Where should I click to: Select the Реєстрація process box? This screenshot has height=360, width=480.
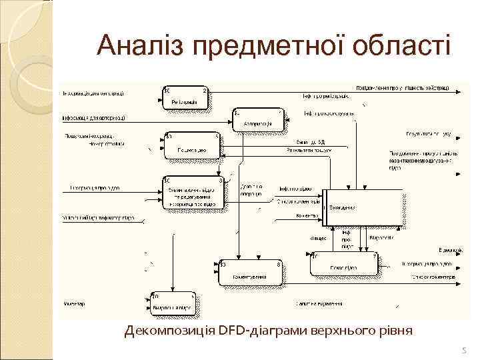tap(185, 99)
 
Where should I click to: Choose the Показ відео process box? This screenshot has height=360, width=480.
tap(345, 264)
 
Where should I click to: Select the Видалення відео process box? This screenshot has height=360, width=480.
tap(172, 304)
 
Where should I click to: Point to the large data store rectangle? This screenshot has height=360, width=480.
tap(363, 207)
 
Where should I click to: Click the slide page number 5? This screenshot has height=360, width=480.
tap(465, 350)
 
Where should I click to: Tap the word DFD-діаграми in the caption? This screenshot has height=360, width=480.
tap(259, 331)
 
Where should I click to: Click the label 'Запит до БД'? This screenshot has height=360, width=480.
tap(311, 142)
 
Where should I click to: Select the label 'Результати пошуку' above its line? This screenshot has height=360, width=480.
tap(309, 150)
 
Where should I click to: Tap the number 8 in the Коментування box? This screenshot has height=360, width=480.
tap(278, 264)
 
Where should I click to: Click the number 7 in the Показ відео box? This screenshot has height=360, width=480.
tap(375, 255)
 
